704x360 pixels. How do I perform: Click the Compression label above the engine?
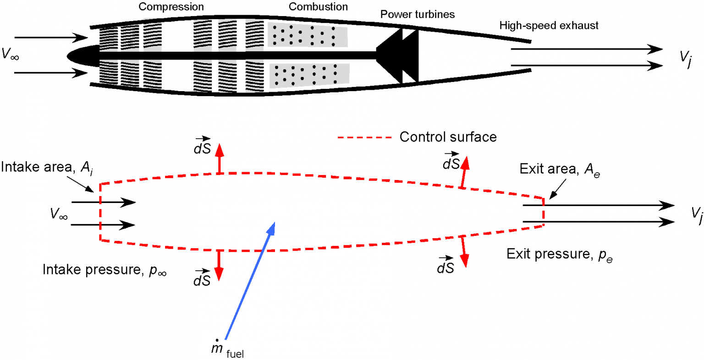[x=171, y=7]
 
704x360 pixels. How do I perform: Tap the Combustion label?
[x=318, y=7]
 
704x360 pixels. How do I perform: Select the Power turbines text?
[x=418, y=15]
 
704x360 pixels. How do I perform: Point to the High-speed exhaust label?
[x=549, y=26]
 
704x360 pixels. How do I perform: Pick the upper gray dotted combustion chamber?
[x=307, y=35]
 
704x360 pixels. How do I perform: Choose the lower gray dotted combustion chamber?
[x=309, y=75]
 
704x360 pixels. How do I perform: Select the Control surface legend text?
[x=448, y=137]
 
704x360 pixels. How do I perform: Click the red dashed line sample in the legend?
[x=365, y=137]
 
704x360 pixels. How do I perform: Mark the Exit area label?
[x=560, y=169]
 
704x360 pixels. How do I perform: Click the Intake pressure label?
[x=104, y=270]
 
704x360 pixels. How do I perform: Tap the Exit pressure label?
[x=559, y=254]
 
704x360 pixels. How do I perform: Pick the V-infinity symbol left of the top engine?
[x=10, y=55]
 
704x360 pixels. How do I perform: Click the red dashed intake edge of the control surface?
[x=100, y=212]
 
